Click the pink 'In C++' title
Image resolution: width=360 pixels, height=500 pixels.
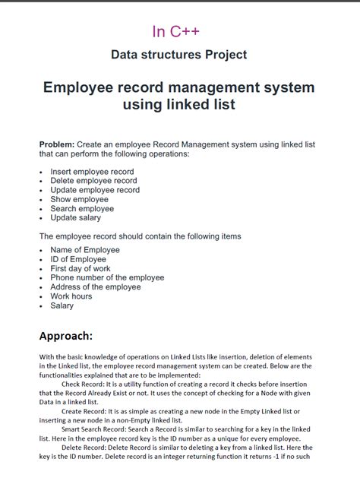pos(176,31)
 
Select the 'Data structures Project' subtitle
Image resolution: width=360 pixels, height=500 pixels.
pos(178,55)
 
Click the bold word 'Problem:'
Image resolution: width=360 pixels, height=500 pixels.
pos(57,144)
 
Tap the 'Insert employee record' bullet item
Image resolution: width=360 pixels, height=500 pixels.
pos(92,172)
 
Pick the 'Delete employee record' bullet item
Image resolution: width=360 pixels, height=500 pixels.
pos(93,181)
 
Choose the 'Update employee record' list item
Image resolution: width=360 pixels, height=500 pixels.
pos(95,190)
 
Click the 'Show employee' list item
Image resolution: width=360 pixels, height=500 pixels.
pos(79,199)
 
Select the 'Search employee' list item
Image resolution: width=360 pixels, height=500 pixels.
pos(82,208)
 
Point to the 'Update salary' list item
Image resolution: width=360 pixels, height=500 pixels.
pos(75,217)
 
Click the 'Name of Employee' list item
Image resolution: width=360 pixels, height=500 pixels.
pos(85,249)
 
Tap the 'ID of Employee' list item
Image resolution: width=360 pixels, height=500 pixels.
pos(78,259)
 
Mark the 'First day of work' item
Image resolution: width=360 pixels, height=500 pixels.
pos(81,268)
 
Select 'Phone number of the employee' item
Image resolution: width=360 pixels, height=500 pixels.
pos(107,277)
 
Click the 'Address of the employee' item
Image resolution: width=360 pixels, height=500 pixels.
pos(96,286)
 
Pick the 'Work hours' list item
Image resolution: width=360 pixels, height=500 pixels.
pos(71,296)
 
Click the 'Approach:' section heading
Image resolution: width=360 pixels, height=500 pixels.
pos(66,335)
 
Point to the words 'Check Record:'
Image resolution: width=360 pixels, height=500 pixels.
pos(85,384)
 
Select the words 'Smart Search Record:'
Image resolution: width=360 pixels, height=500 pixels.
pos(97,429)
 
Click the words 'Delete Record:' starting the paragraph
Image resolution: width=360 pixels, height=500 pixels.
pos(87,448)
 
